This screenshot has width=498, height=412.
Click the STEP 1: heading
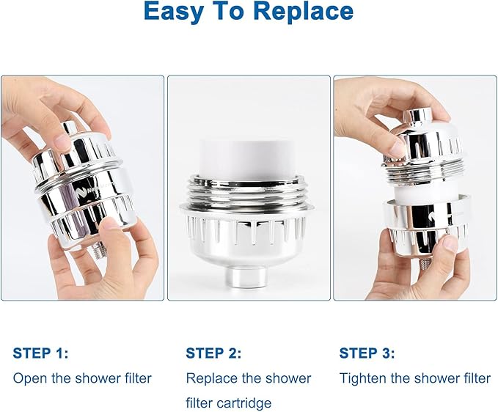(x=40, y=353)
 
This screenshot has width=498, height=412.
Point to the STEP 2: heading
(x=213, y=353)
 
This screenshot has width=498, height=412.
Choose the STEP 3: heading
(x=367, y=353)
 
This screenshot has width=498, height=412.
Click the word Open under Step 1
(x=29, y=378)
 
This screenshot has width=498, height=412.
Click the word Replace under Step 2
(x=210, y=378)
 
